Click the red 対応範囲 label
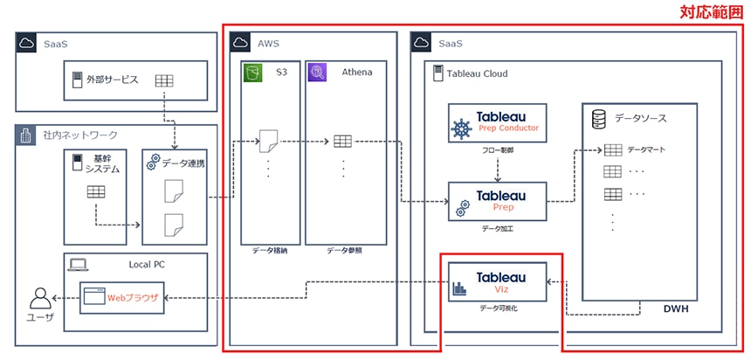[x=713, y=12]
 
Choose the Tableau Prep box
[x=497, y=201]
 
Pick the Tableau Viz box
[x=497, y=282]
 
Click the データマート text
[x=647, y=149]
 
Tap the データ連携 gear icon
[x=155, y=163]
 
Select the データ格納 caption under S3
[x=269, y=249]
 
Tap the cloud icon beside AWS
[x=240, y=42]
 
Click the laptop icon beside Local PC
[x=79, y=263]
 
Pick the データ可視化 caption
[x=496, y=308]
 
